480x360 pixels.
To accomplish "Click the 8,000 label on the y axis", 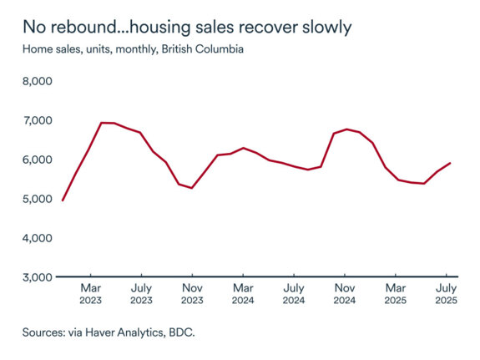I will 38,82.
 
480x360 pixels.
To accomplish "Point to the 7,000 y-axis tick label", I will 38,121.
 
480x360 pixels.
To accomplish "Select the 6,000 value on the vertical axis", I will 38,160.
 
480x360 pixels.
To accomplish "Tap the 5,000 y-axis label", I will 38,199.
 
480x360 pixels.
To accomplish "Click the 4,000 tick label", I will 38,238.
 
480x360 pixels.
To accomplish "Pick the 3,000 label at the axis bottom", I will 38,276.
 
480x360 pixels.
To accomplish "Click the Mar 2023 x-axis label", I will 90,293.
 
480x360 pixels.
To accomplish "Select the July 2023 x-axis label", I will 141,293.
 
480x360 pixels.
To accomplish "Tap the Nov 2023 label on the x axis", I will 192,293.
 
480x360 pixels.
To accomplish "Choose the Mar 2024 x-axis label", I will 243,293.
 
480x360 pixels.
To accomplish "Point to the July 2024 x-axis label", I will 294,293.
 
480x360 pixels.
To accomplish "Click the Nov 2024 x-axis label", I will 345,293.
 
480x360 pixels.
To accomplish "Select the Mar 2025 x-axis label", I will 396,293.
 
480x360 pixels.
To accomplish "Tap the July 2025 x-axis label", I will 447,293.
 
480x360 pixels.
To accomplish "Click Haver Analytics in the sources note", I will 129,332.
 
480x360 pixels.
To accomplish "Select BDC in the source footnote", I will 187,332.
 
